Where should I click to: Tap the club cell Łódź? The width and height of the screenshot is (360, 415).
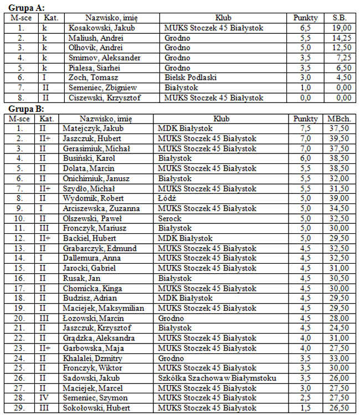(167, 198)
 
